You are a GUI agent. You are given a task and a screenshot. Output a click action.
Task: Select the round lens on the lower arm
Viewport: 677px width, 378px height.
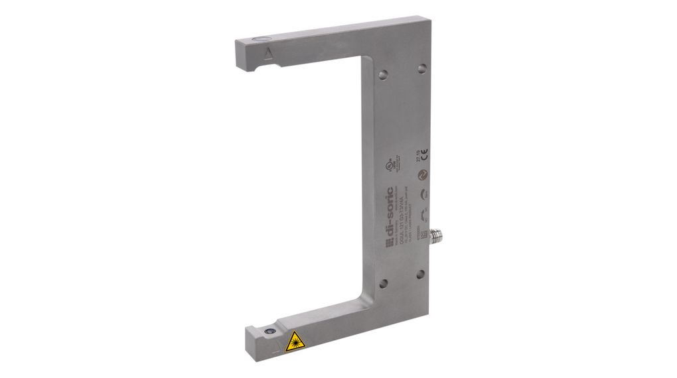[x=271, y=328]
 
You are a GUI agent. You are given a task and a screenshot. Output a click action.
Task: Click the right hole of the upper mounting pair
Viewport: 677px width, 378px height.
[x=421, y=68]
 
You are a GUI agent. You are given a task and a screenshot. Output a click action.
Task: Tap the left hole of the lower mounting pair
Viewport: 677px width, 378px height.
[x=383, y=283]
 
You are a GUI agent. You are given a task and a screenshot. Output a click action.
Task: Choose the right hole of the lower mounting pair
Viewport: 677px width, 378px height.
[x=421, y=274]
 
